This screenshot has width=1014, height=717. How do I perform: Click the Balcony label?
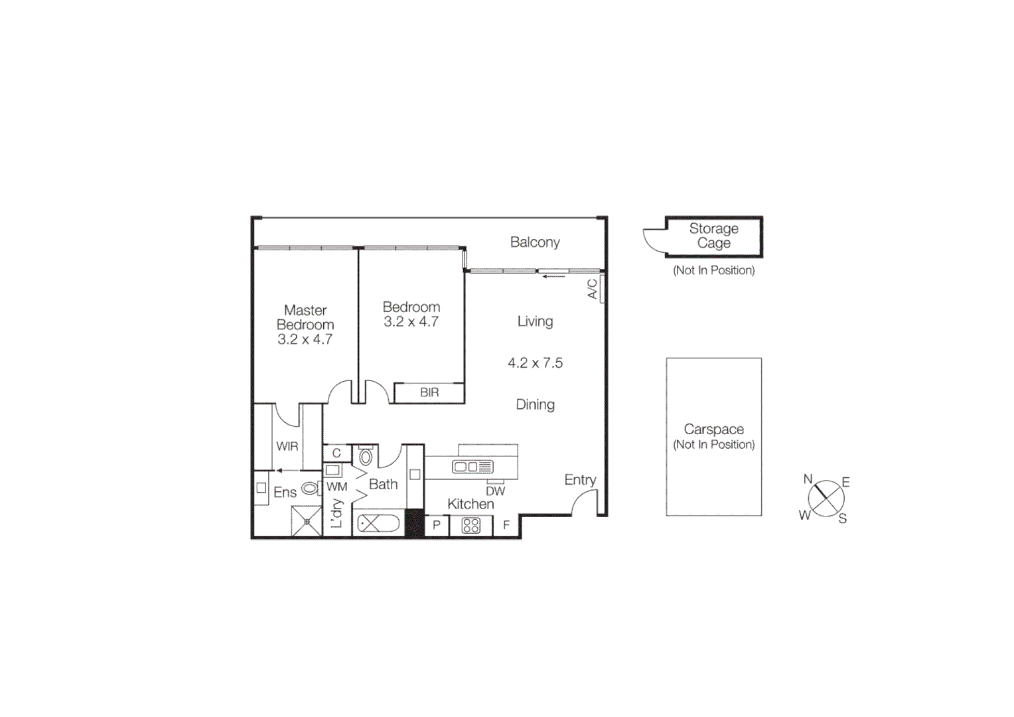tap(535, 242)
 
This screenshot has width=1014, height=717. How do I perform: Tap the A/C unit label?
tap(593, 289)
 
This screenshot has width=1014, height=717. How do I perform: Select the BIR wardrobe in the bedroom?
tap(429, 392)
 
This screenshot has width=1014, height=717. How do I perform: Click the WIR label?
tap(287, 446)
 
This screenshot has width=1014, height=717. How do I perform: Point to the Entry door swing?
tap(585, 502)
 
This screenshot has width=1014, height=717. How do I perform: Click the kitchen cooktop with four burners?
tap(471, 526)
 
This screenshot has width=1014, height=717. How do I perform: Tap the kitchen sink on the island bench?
tap(472, 467)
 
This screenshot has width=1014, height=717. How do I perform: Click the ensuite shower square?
tap(307, 522)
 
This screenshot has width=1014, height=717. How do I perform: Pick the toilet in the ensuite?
tap(310, 489)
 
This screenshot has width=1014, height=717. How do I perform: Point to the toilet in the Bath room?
tap(365, 455)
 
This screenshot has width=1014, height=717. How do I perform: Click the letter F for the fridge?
tap(506, 525)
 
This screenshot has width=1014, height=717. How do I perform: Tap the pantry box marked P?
tap(437, 525)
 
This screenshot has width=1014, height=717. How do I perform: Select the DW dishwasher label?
tap(495, 491)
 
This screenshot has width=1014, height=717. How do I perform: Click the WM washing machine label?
tap(336, 487)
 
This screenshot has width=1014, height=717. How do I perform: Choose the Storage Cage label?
tap(713, 236)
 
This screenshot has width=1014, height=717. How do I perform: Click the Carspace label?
tap(713, 430)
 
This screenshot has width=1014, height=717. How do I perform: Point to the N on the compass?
tap(808, 479)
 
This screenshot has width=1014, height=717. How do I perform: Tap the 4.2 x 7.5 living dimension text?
tap(535, 363)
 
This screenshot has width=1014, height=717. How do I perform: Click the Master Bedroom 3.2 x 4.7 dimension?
tap(305, 339)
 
